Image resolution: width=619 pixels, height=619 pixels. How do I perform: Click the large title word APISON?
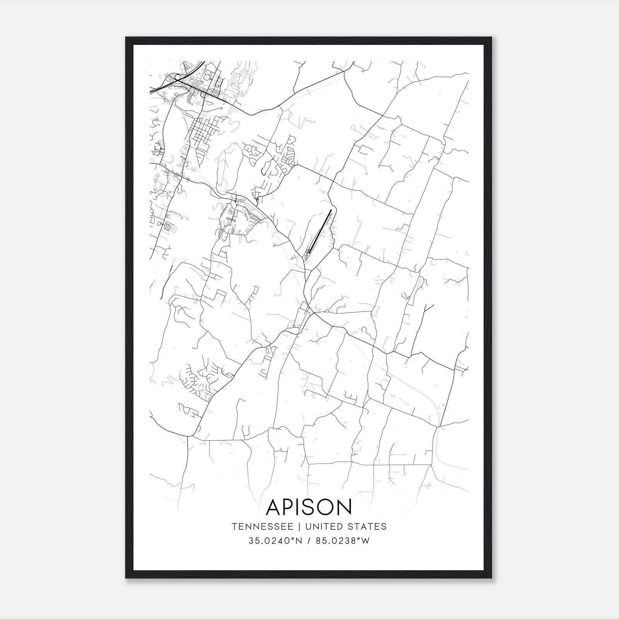pos(309,507)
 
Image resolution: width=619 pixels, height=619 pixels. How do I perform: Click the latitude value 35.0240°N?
pos(275,541)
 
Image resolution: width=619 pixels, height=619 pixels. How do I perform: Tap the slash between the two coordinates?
pos(309,541)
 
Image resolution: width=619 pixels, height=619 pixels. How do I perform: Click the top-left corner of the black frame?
pos(126,38)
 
